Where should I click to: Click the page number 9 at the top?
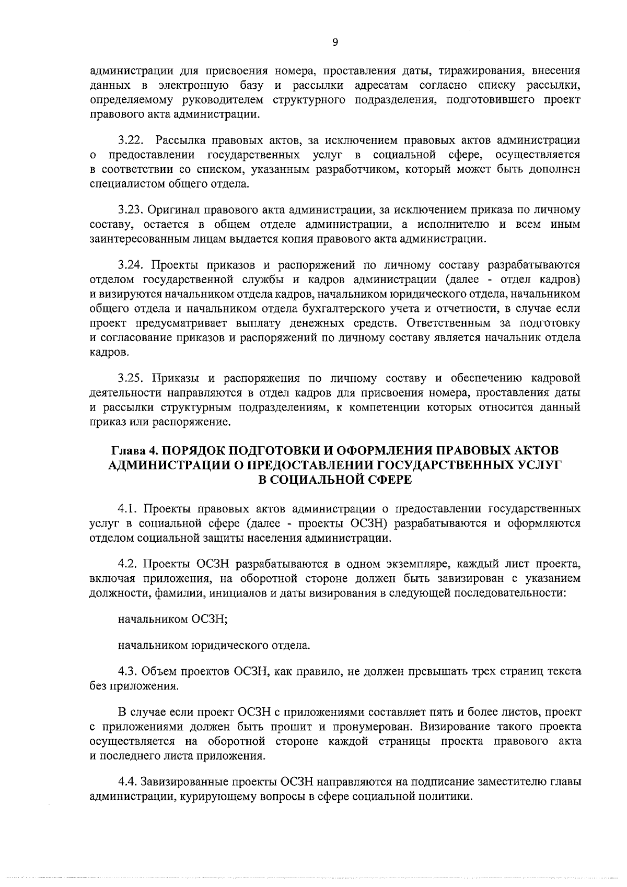coord(334,43)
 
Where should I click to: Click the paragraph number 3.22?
coord(130,140)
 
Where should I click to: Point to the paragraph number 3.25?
coord(130,378)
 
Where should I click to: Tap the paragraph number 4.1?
coord(127,508)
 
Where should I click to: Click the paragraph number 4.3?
coord(127,671)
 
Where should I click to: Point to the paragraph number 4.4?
coord(127,782)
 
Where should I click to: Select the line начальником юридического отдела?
coord(214,646)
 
